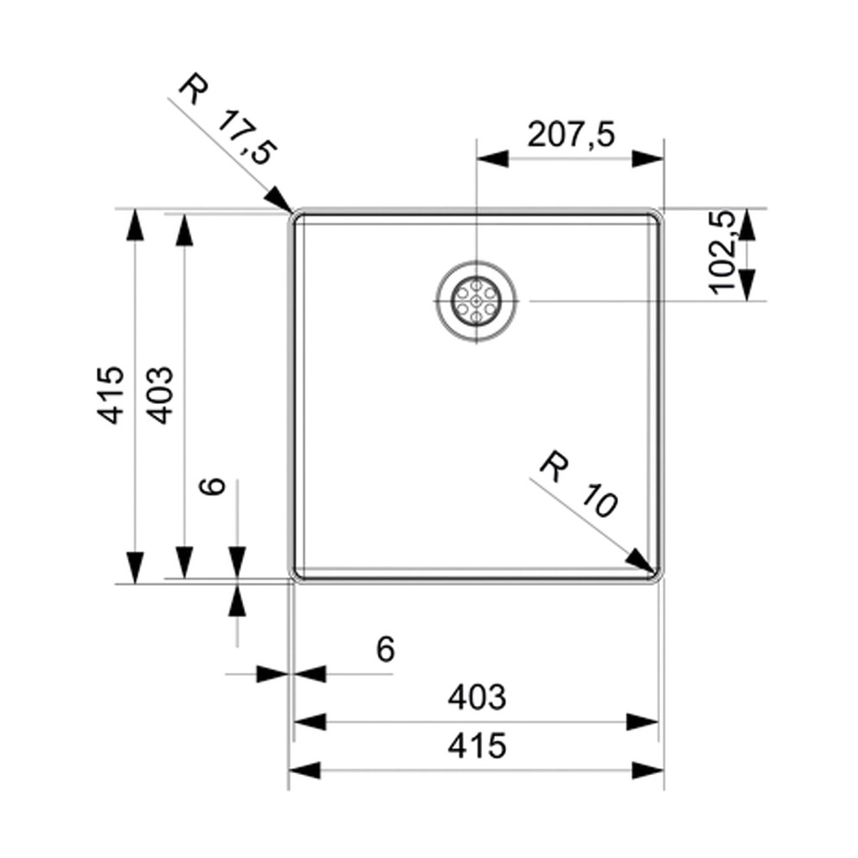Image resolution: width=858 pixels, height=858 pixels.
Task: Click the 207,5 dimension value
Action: tap(571, 135)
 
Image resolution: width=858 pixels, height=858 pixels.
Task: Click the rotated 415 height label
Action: tap(111, 394)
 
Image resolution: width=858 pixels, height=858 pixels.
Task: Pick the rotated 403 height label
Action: tap(160, 394)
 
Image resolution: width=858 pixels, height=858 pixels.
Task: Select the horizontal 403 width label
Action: tap(477, 698)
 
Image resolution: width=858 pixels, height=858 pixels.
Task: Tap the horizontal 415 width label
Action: tap(477, 746)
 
